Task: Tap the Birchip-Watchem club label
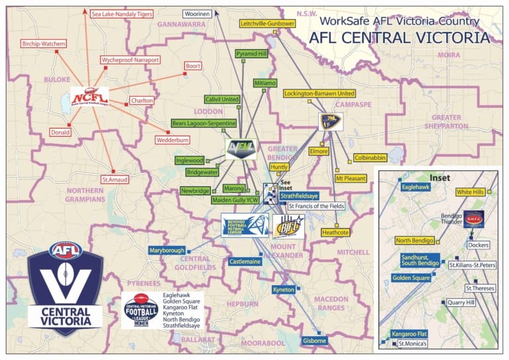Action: coord(43,44)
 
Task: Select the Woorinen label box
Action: coord(198,13)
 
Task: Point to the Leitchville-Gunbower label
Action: coord(267,23)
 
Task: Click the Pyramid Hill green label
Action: coord(251,52)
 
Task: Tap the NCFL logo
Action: coord(89,97)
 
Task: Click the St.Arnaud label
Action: coord(114,179)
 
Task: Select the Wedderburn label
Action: coord(173,140)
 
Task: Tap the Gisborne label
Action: coord(314,341)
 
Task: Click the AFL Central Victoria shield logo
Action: coord(65,286)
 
